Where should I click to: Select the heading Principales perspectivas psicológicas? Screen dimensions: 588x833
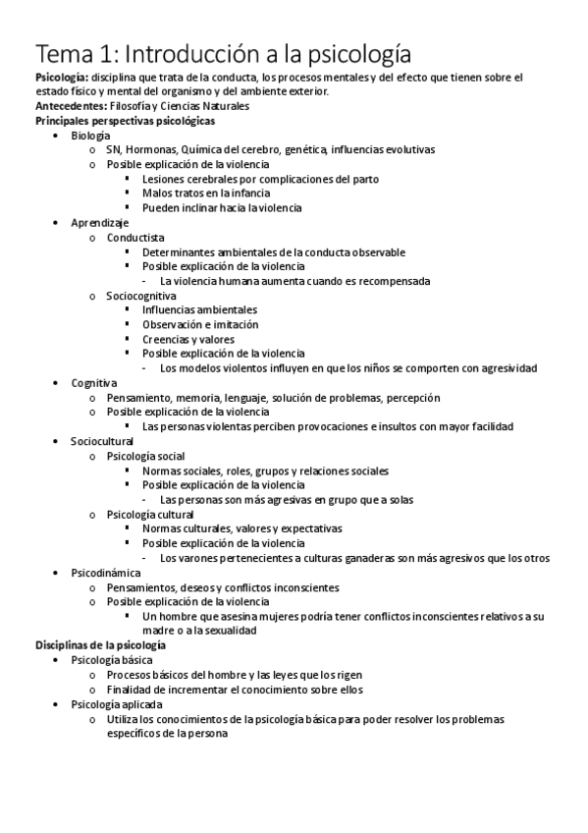tap(126, 120)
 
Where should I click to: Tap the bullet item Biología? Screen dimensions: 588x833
tap(90, 135)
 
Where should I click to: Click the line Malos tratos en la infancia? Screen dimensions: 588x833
tap(204, 194)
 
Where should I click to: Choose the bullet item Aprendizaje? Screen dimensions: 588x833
tap(99, 223)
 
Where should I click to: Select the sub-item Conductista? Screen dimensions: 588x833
tap(135, 238)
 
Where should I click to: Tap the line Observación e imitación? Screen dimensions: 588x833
tap(200, 324)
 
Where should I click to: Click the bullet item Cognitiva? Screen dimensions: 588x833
tap(94, 382)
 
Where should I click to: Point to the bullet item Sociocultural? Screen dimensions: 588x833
tap(102, 441)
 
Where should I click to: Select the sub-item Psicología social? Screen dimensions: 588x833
tap(145, 456)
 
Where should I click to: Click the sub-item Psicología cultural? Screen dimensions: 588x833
tap(150, 514)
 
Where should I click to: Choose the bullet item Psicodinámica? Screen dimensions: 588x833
tap(106, 572)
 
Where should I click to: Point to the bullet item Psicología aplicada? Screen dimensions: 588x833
tap(117, 704)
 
